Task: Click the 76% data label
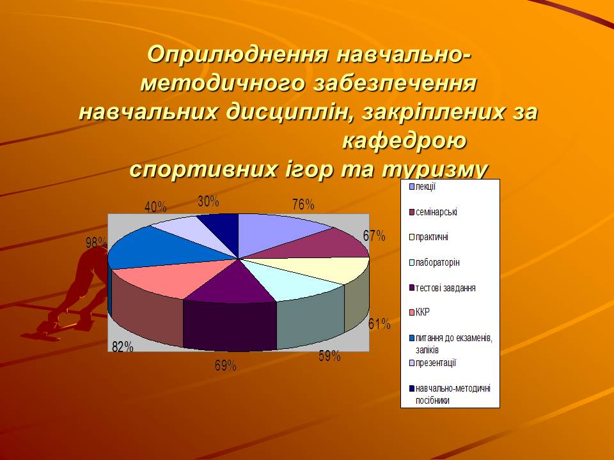point(303,204)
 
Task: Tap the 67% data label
point(374,236)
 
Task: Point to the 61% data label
point(379,323)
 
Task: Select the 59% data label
point(329,356)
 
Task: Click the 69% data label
point(226,365)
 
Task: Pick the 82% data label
point(123,346)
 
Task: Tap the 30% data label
point(209,201)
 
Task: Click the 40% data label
point(155,207)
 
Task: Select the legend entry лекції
point(422,187)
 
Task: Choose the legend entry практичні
point(429,237)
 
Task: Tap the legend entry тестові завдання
point(443,288)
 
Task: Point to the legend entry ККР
point(420,312)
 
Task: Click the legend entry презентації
point(433,363)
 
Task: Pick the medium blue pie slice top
point(157,249)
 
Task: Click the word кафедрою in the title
point(404,141)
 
